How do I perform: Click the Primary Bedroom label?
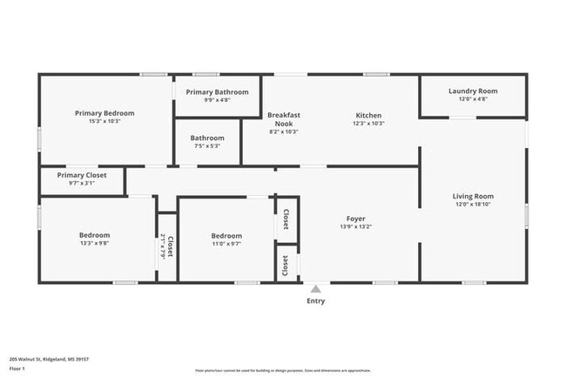pos(104,112)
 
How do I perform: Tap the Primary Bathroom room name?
pos(217,92)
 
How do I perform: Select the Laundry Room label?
pos(473,91)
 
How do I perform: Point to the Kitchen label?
pos(368,115)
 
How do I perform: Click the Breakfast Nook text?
pos(283,119)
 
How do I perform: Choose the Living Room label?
pos(473,196)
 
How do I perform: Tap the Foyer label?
pos(355,219)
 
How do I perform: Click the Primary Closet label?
pos(83,175)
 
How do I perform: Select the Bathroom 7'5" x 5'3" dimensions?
pos(207,146)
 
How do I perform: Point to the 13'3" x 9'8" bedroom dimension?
pos(94,244)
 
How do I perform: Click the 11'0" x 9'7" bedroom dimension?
pos(226,244)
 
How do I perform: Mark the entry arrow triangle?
pos(315,288)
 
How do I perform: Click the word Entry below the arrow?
pos(315,301)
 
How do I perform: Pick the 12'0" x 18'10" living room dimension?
pos(473,205)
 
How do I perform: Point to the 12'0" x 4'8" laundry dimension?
pos(473,99)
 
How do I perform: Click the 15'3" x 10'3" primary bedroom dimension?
pos(104,121)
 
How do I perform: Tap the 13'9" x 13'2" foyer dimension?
pos(355,227)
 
